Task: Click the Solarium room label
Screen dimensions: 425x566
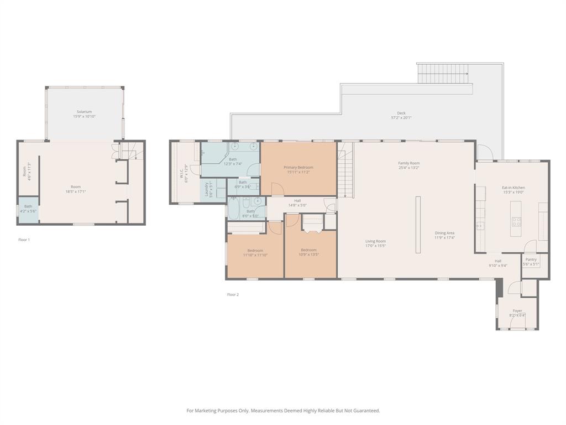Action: click(x=84, y=112)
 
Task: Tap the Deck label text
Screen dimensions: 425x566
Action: click(x=401, y=113)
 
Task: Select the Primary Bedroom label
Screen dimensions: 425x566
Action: click(x=298, y=167)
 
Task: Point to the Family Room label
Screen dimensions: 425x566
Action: click(x=409, y=163)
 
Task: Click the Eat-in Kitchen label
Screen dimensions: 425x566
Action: click(x=513, y=188)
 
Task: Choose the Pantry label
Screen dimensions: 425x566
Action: click(x=531, y=260)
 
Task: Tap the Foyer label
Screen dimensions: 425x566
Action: click(x=517, y=311)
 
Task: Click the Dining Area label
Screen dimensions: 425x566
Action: click(x=444, y=233)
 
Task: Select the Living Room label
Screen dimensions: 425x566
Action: click(x=375, y=241)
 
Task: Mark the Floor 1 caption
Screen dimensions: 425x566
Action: click(x=24, y=240)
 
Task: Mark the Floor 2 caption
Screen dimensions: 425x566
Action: click(x=233, y=294)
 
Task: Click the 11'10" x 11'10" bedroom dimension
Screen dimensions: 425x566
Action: click(x=255, y=255)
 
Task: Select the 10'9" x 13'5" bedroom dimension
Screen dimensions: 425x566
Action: click(x=308, y=255)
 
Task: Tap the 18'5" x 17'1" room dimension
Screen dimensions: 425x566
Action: click(x=76, y=191)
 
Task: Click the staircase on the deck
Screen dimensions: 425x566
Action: click(x=443, y=71)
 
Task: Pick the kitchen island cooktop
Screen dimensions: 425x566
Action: click(x=517, y=221)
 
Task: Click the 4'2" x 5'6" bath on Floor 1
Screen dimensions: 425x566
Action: click(x=28, y=210)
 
